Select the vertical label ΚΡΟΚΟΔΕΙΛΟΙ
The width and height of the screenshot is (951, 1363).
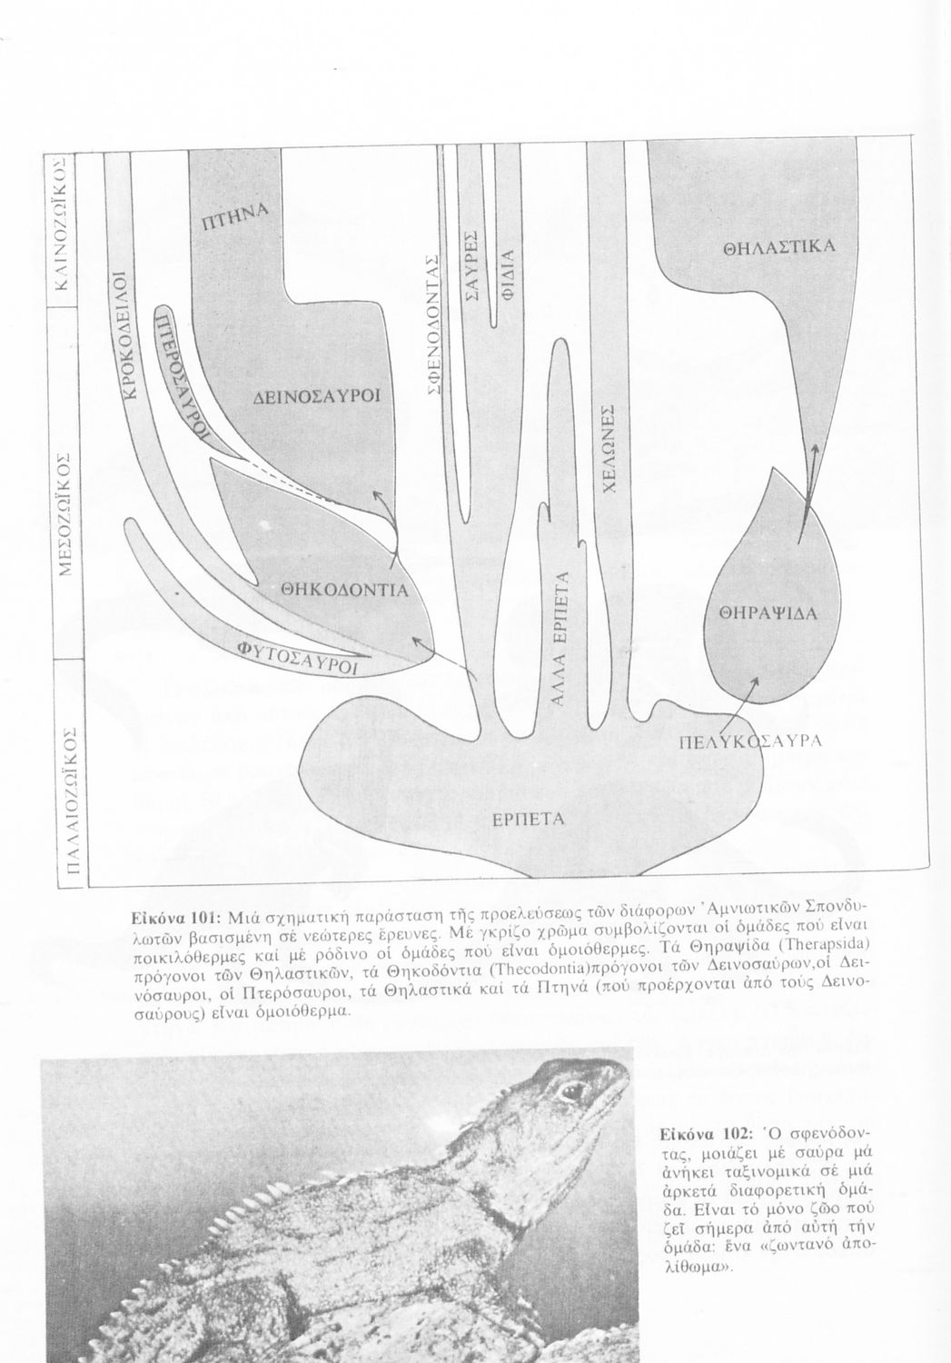126,336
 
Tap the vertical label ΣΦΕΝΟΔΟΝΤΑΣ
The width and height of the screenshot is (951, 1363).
434,323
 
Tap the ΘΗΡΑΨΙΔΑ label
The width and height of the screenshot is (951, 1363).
769,613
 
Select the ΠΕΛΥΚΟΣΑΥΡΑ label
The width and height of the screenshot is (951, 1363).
750,741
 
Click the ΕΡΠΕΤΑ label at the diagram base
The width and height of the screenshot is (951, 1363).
529,819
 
